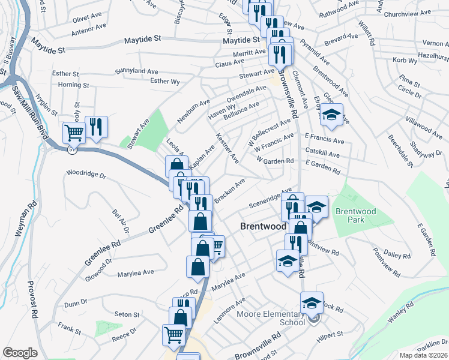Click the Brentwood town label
(263, 227)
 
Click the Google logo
(20, 352)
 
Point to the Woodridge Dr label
(86, 176)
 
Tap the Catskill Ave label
(324, 151)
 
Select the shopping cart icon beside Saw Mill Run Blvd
(74, 133)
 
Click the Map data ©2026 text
(423, 355)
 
